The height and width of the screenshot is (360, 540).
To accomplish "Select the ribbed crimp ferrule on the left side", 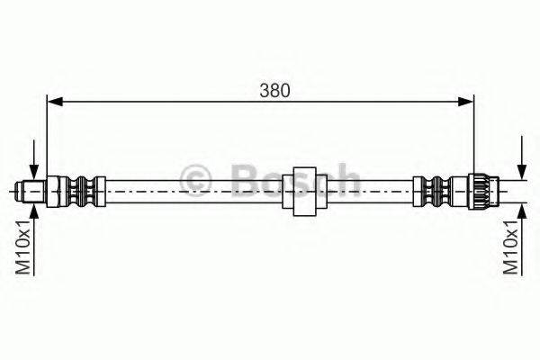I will tap(84, 190).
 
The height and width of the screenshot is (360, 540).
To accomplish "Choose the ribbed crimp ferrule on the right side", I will tap(433, 190).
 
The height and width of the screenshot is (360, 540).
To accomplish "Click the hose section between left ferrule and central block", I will tap(189, 190).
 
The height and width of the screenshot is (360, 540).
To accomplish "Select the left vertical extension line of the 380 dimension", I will tap(47, 135).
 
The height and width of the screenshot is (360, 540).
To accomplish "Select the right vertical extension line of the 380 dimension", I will tap(474, 135).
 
